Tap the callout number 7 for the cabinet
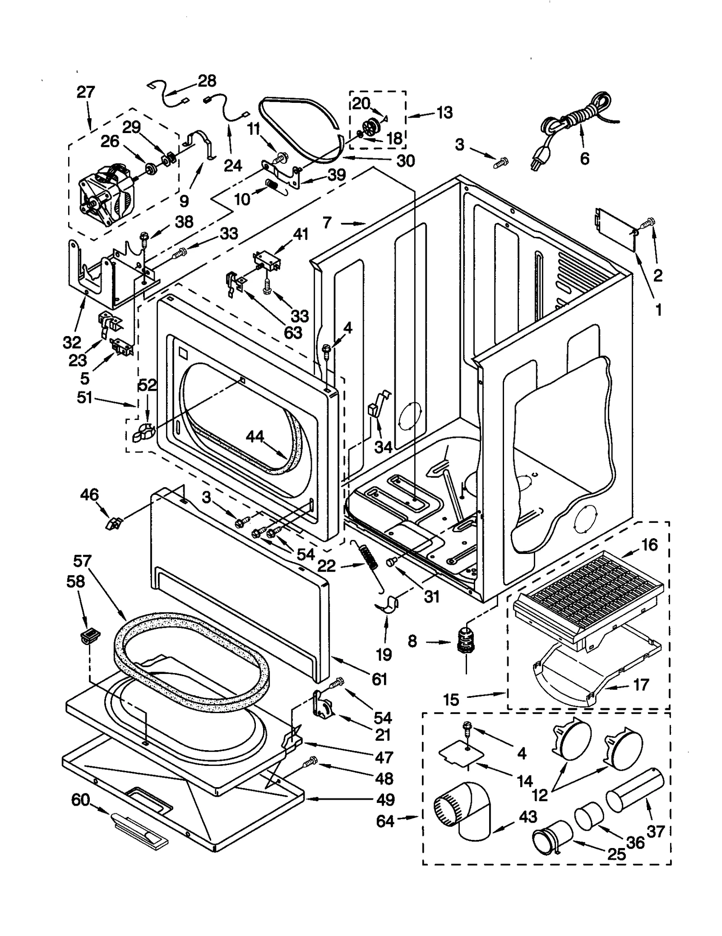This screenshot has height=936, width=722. [x=327, y=222]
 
